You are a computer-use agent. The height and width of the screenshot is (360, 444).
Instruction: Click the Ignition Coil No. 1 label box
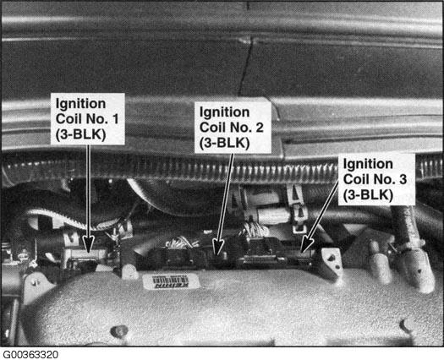(88, 119)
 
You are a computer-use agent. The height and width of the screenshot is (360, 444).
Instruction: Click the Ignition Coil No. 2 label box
(233, 128)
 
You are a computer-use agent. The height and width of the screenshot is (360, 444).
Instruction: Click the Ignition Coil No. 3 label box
(376, 179)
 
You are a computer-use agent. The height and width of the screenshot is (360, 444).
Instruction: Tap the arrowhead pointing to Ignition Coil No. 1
(89, 243)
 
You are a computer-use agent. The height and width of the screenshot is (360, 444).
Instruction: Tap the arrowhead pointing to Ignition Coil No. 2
(218, 246)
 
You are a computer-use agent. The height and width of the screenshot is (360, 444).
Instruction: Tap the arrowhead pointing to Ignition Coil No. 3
(306, 244)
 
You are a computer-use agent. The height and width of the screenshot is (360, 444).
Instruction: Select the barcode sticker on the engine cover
(171, 281)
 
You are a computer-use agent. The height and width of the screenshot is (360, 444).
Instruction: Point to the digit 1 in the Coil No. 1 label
(115, 119)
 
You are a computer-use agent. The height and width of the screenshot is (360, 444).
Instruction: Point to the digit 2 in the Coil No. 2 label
(260, 128)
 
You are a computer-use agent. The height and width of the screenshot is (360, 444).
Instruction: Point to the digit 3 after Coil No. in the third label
(403, 179)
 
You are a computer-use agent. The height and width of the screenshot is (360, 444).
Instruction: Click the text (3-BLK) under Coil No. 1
(81, 134)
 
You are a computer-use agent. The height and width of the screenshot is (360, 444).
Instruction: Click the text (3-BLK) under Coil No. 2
(225, 143)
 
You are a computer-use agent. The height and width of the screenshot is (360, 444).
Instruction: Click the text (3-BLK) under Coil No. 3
(368, 194)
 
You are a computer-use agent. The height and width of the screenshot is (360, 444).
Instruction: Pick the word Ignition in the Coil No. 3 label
(368, 165)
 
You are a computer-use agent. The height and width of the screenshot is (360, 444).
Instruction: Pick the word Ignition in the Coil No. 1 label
(80, 104)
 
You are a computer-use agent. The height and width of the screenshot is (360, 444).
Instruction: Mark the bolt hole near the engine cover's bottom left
(119, 331)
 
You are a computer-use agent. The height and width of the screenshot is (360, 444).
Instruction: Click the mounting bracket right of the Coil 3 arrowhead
(332, 262)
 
